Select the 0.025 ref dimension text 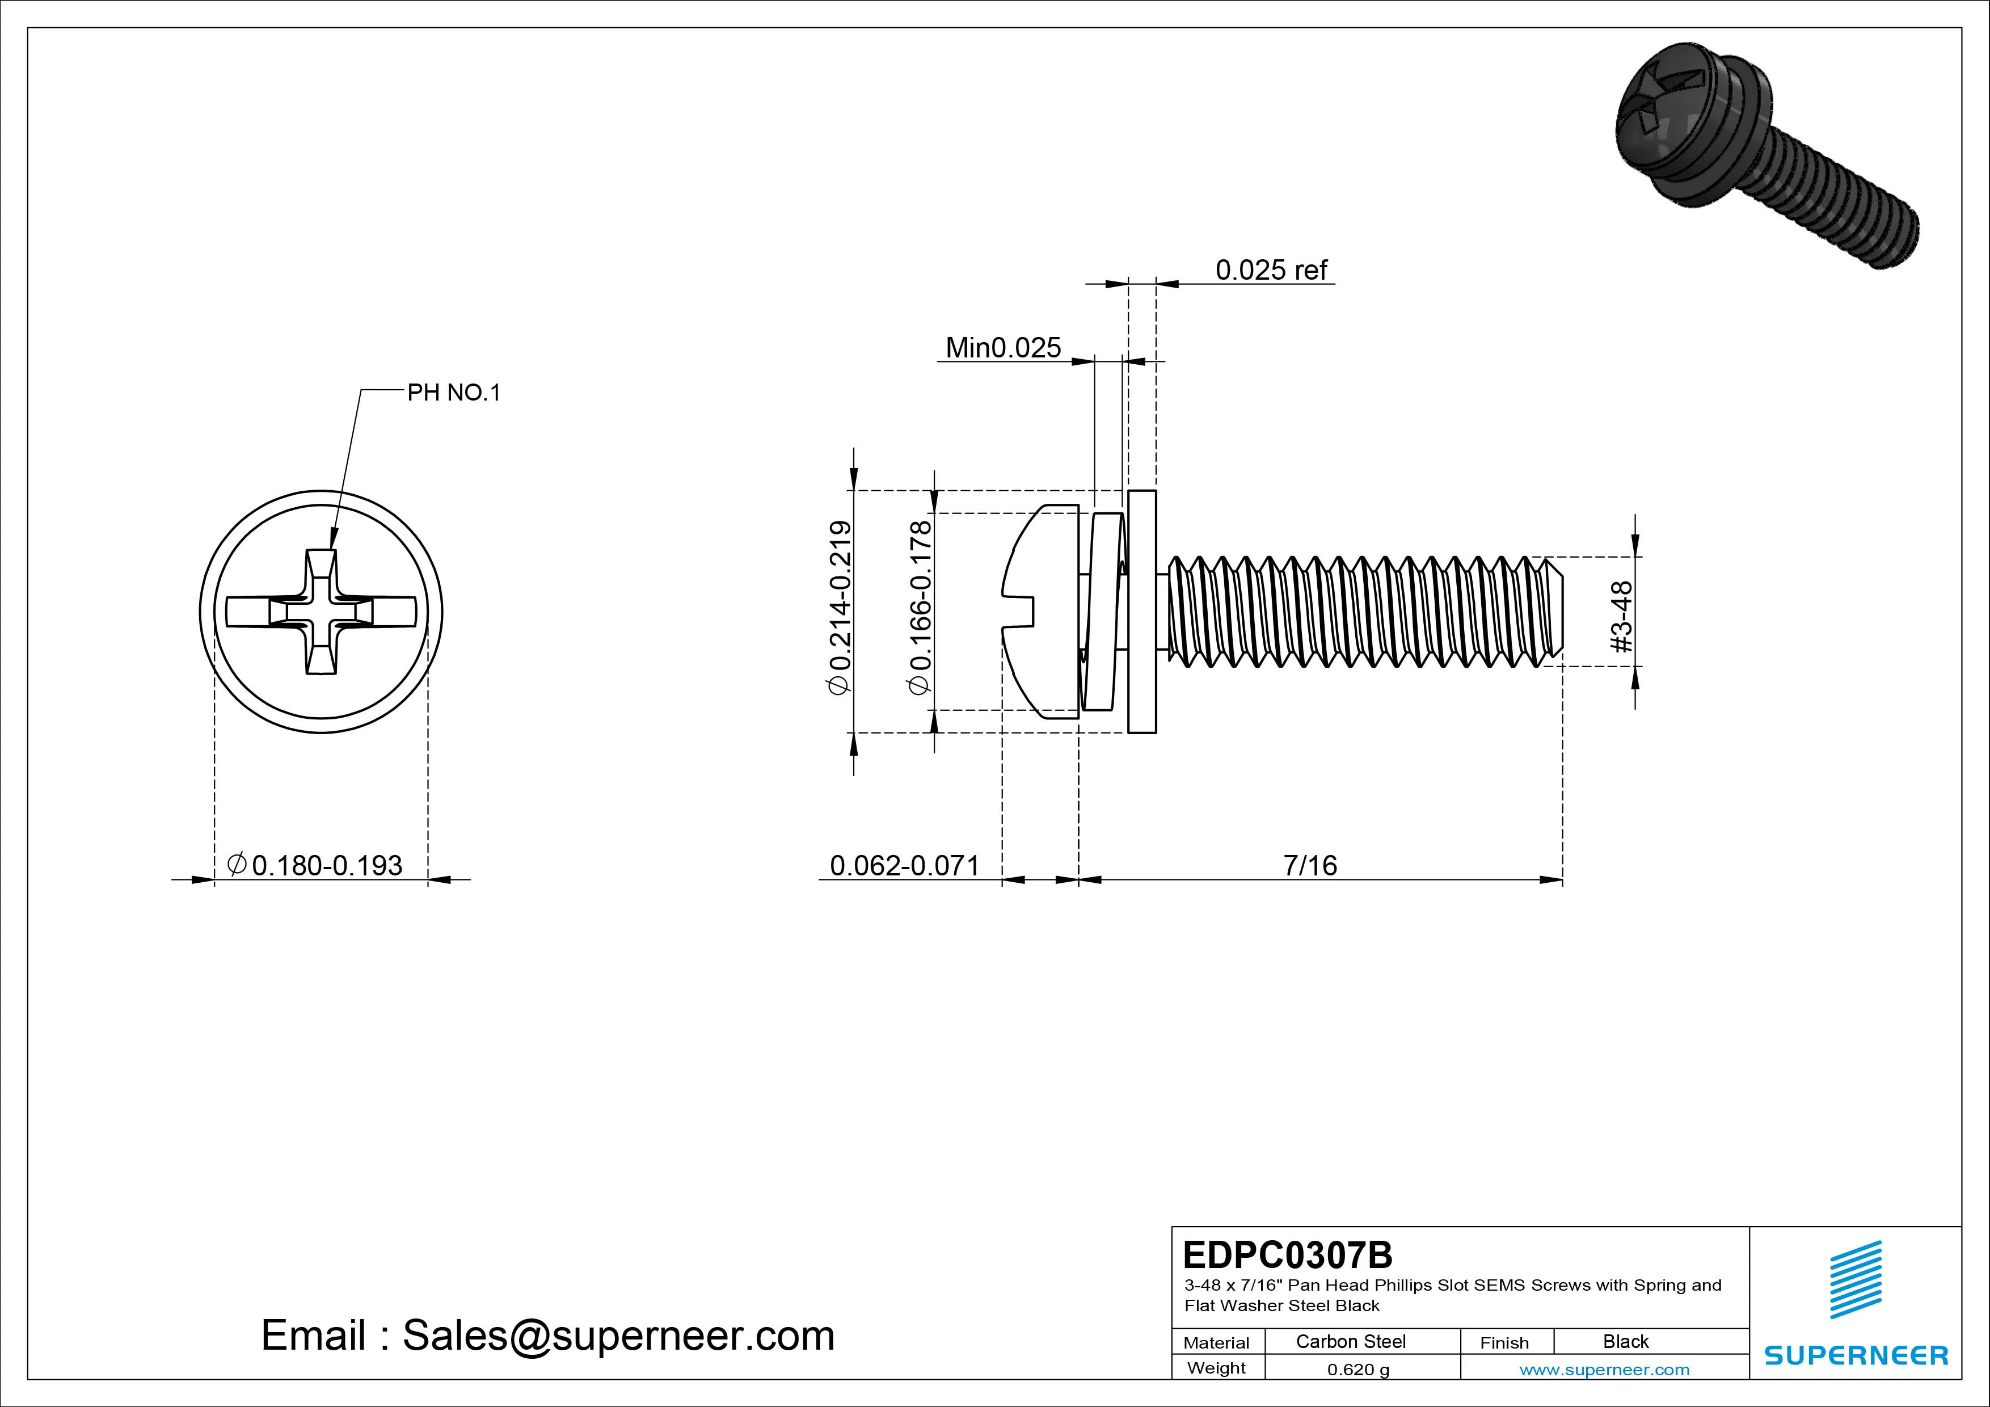point(1271,271)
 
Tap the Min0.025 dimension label point(1003,348)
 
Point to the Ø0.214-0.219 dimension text point(840,607)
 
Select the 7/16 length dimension point(1310,865)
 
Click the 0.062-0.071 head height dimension point(904,865)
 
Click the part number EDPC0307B point(1287,1254)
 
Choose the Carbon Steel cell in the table point(1350,1341)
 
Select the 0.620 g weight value point(1358,1370)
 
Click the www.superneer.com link point(1604,1370)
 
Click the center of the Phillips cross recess point(321,612)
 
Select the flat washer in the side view point(1142,611)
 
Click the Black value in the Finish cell point(1625,1341)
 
